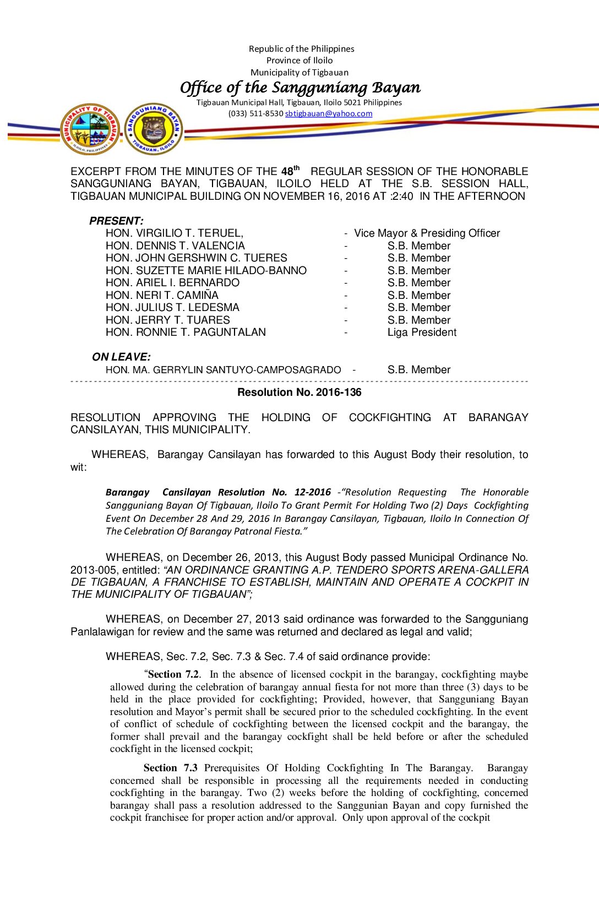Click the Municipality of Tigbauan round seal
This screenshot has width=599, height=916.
90,129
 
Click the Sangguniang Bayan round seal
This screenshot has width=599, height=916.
154,129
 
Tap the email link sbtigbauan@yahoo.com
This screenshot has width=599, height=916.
329,113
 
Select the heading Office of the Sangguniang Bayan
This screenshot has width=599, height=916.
300,88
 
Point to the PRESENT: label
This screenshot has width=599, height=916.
116,221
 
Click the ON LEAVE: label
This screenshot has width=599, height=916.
121,357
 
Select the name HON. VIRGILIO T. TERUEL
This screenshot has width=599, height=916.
174,233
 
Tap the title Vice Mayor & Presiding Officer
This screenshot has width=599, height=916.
427,233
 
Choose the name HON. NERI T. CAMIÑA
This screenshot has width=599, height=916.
162,296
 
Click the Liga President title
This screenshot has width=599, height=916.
422,332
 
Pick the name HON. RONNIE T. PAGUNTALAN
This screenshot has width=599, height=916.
186,332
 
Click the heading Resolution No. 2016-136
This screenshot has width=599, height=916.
299,392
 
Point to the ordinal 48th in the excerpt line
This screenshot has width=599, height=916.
290,171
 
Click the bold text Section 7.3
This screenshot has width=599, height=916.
170,768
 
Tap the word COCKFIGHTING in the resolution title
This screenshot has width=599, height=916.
390,417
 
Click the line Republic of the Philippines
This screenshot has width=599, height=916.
301,49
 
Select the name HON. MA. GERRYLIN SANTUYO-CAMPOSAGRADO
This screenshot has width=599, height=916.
223,370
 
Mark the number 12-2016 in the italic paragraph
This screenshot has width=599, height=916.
312,492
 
